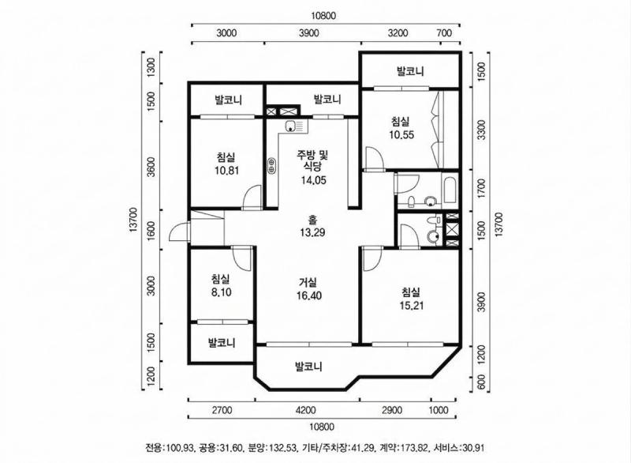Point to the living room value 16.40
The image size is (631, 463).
tap(308, 296)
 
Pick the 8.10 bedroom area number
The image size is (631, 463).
tap(220, 292)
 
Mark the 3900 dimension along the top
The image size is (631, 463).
tap(309, 33)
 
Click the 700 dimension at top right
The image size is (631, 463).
tap(444, 33)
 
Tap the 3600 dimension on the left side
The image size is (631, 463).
tap(151, 168)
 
